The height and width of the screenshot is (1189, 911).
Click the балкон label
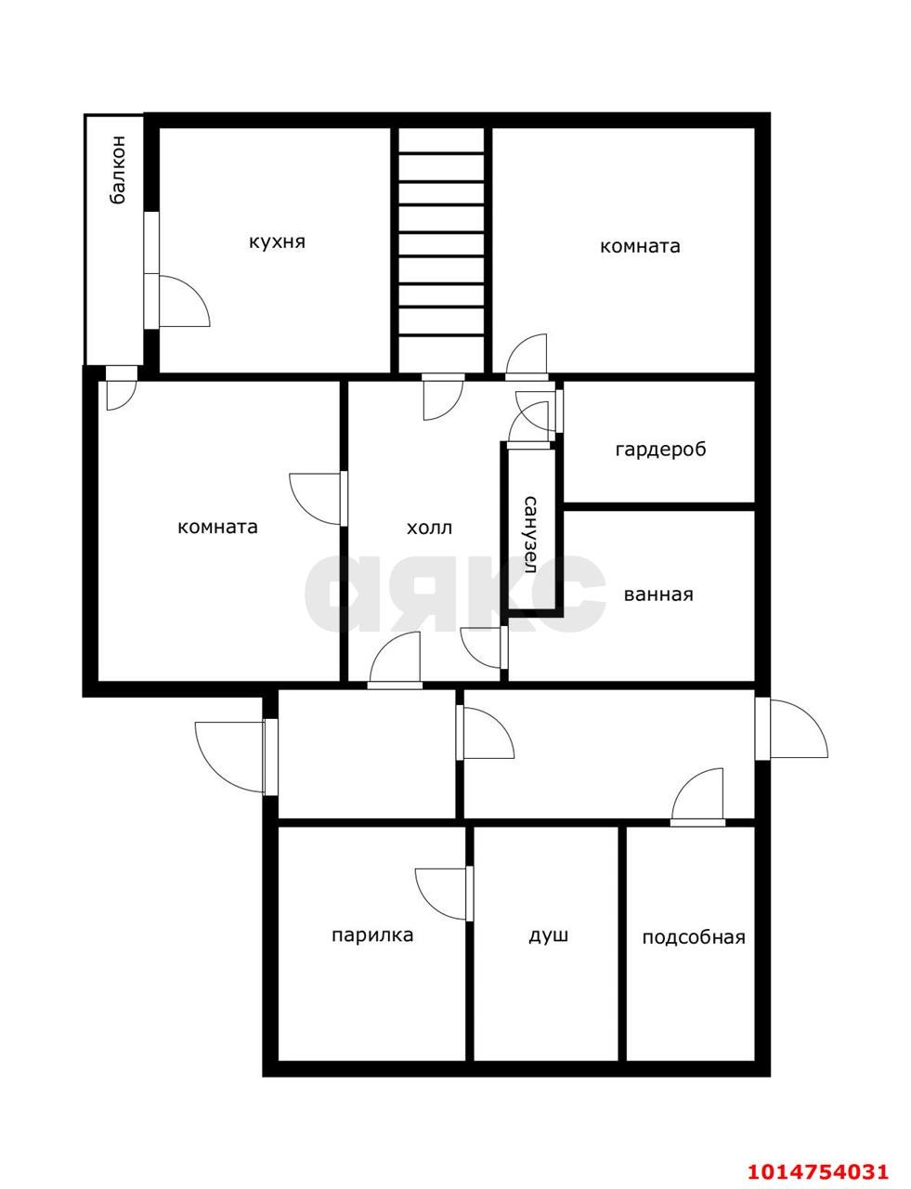pos(118,171)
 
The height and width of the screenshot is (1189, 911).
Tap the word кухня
pos(277,242)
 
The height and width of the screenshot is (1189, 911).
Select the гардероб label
pos(660,450)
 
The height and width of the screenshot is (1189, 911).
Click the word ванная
pos(658,594)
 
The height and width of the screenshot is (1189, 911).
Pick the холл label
pos(429,529)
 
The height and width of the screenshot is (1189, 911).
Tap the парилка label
pos(372,935)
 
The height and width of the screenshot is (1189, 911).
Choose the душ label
pos(548,935)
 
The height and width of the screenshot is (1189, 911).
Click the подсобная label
pos(694,937)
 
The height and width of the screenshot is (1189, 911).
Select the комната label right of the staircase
pos(640,246)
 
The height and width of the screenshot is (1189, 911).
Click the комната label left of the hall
pos(217,527)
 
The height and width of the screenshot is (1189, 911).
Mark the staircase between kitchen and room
pos(441,248)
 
